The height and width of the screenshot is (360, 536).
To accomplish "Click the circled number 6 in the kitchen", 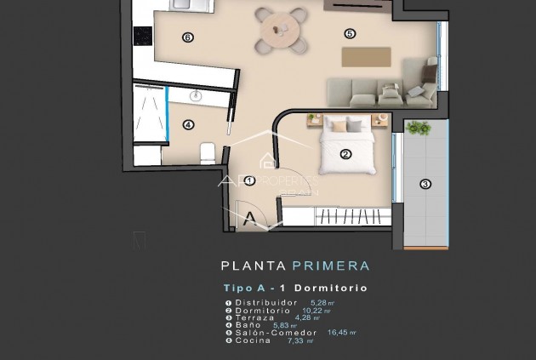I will [188, 37].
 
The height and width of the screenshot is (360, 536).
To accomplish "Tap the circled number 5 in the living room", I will [350, 33].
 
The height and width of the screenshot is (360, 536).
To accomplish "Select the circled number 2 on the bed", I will [345, 154].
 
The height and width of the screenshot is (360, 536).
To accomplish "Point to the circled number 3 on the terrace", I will [425, 183].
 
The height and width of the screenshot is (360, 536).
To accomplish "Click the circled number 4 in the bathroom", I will [188, 124].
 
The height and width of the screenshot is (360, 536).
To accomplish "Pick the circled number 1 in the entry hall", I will [249, 180].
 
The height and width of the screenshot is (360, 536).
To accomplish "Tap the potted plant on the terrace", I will [418, 129].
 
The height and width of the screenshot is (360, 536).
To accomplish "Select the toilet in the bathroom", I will [206, 153].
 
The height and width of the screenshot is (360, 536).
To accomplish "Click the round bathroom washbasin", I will [197, 95].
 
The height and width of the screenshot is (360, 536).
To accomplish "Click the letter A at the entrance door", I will [249, 218].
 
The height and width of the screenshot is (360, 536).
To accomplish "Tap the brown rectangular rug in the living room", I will [367, 55].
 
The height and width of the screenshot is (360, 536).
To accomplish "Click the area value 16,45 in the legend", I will [340, 333].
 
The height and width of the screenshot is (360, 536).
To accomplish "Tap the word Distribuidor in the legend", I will [266, 302].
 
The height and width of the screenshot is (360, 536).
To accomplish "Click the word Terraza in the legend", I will [256, 317].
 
